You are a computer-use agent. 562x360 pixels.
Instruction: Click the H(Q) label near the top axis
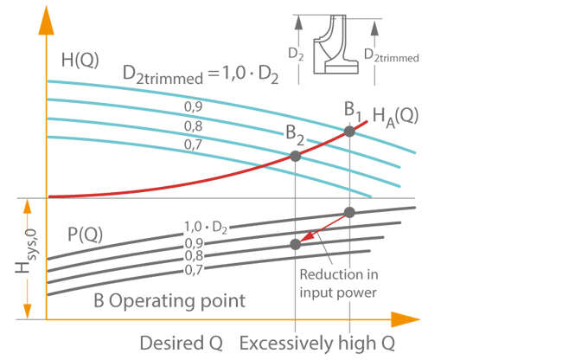[80, 61]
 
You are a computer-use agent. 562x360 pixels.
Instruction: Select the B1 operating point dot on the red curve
[349, 132]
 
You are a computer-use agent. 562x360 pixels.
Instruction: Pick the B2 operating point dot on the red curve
[296, 157]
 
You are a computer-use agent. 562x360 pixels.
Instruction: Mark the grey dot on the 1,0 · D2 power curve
[349, 213]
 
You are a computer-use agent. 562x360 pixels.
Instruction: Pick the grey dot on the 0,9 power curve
[296, 245]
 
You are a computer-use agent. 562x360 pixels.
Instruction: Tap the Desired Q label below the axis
[181, 343]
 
